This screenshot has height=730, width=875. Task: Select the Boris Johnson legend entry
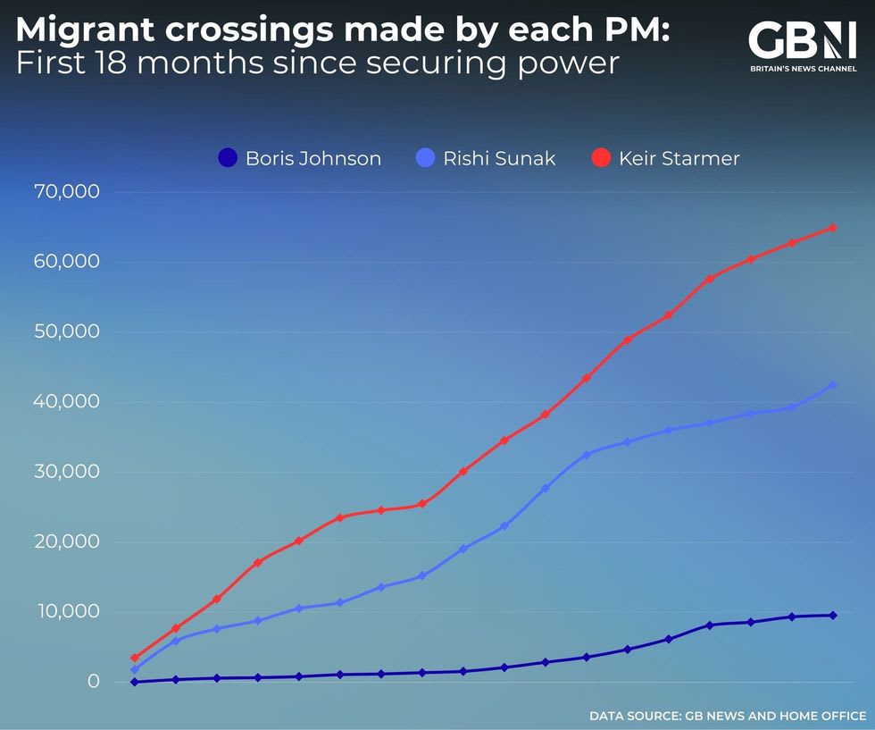300,159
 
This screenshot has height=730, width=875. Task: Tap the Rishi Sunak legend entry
487,159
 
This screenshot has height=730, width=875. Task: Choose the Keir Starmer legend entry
666,159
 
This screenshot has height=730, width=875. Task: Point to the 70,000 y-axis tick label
68,192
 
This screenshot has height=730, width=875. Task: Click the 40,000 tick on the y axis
68,402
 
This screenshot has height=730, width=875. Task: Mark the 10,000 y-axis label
68,612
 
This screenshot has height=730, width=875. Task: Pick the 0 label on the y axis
93,682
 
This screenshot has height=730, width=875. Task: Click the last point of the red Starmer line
832,228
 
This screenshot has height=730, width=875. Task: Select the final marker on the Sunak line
832,385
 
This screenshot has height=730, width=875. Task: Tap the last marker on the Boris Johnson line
832,615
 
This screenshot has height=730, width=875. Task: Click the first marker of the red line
135,659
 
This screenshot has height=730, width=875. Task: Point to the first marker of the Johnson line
135,682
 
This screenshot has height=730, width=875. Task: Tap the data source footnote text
727,716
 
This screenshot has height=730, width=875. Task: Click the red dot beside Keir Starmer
601,159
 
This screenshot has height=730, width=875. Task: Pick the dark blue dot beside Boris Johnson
228,159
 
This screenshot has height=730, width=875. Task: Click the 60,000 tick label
68,262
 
